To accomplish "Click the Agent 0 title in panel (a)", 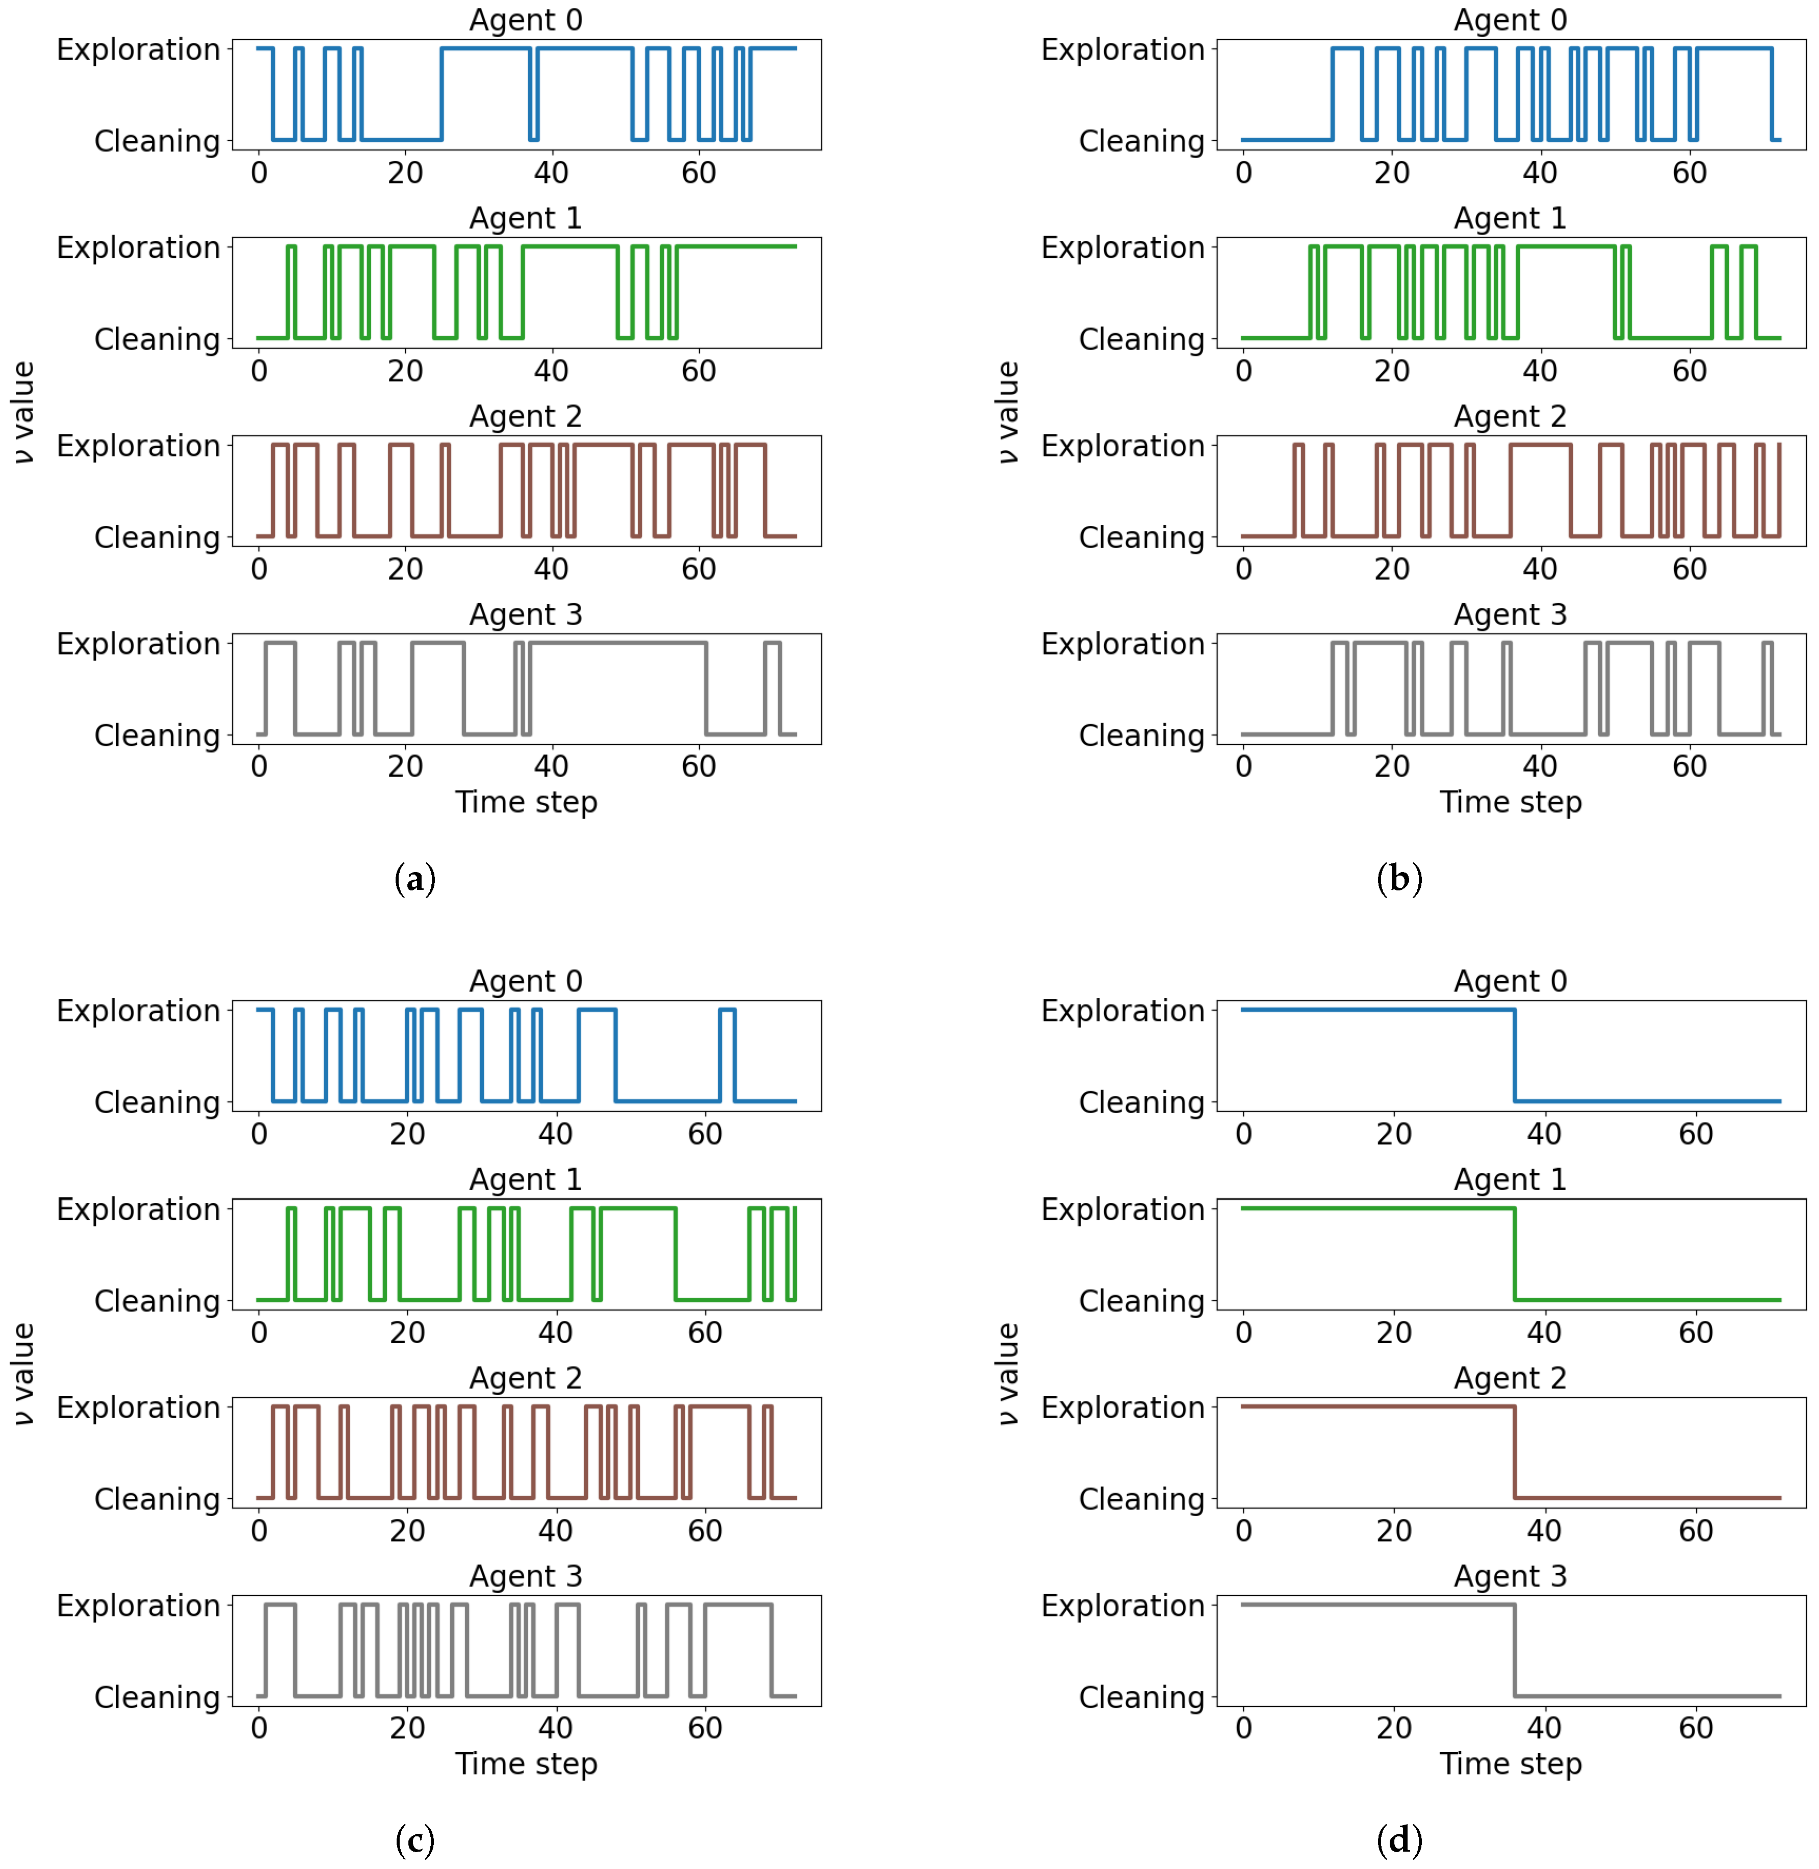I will pyautogui.click(x=526, y=20).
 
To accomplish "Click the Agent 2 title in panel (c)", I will pyautogui.click(x=526, y=1378).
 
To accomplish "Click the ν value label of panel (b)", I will pyautogui.click(x=1007, y=413).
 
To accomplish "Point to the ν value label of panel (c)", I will pyautogui.click(x=23, y=1374).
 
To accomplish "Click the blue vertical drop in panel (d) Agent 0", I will pyautogui.click(x=1514, y=1055).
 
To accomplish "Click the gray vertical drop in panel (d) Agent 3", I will pyautogui.click(x=1514, y=1650).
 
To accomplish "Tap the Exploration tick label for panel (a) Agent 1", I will pyautogui.click(x=139, y=247).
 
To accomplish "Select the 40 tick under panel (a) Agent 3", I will pyautogui.click(x=551, y=766).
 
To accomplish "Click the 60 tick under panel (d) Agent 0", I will pyautogui.click(x=1696, y=1134).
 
